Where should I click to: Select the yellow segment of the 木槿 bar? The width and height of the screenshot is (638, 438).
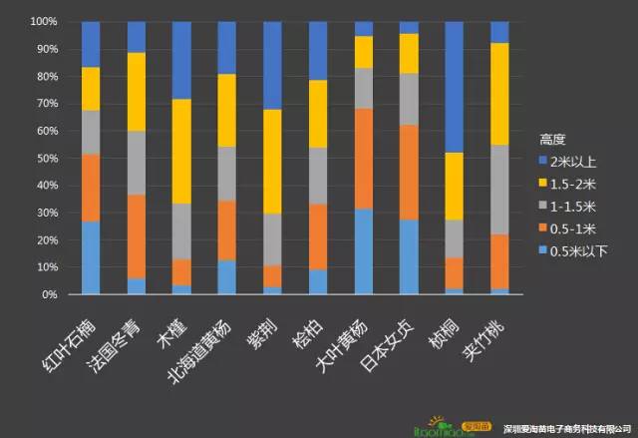point(181,151)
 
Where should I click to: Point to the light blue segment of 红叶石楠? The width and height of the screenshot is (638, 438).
point(91,257)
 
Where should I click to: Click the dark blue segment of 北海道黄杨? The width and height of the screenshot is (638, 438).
point(227,47)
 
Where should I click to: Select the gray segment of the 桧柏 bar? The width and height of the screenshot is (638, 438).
point(318,176)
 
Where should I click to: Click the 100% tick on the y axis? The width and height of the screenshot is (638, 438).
point(44,21)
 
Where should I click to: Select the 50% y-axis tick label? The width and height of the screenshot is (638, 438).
point(47,158)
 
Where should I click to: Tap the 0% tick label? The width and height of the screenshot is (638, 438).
point(51,294)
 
